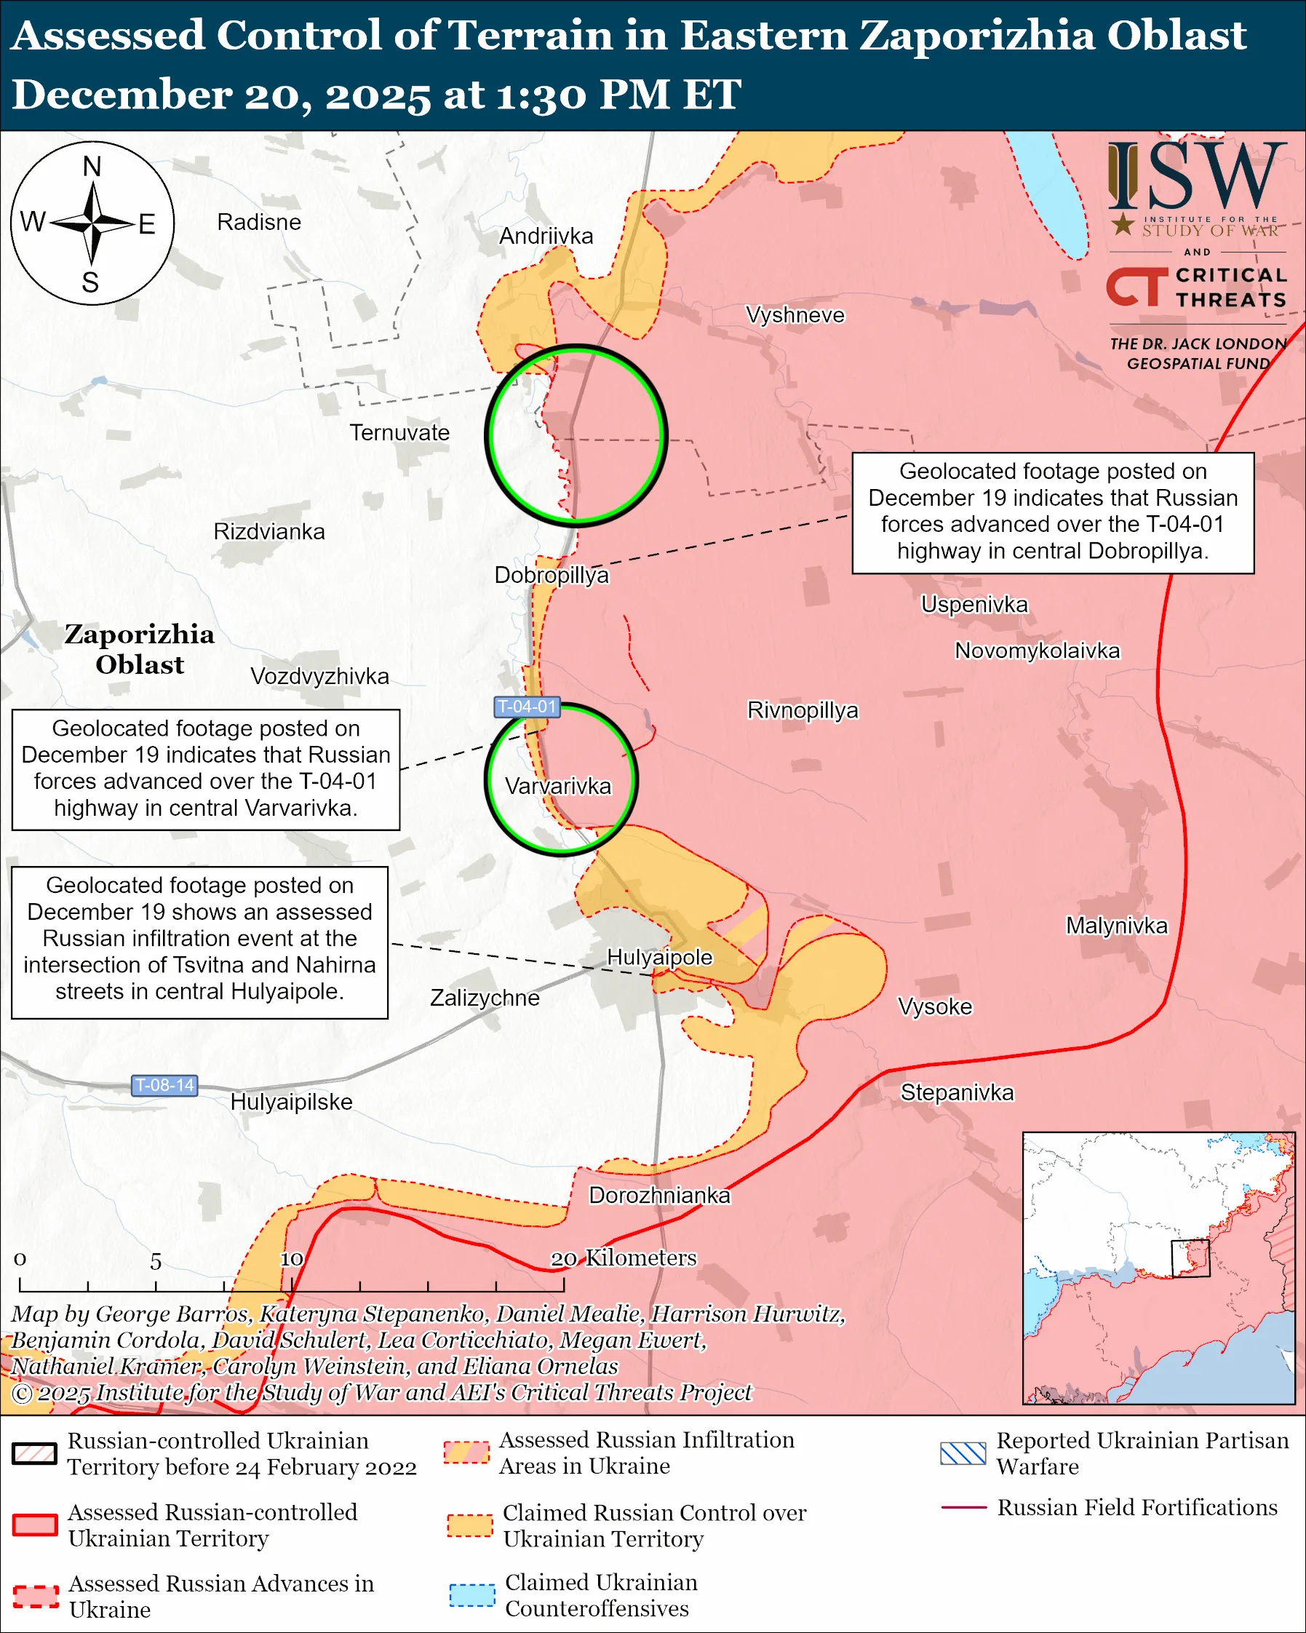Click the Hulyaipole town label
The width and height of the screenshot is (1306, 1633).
[659, 957]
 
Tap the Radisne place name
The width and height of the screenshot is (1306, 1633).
[259, 222]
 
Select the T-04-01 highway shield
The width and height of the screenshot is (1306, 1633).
[527, 707]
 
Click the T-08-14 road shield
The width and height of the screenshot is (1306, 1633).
[164, 1084]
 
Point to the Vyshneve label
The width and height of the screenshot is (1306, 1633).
[795, 314]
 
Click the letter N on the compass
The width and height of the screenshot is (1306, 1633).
[92, 167]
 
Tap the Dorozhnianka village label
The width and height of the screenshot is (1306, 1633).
[659, 1195]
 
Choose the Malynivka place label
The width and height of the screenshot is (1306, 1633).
[1117, 926]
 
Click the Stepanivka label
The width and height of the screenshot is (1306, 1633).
[957, 1092]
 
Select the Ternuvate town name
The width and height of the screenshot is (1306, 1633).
[399, 432]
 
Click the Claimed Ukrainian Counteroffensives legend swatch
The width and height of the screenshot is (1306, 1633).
[471, 1594]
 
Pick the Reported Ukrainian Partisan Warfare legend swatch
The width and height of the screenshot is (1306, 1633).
[963, 1453]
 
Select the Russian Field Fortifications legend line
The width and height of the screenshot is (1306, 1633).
[964, 1508]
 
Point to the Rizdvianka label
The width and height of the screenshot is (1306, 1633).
[268, 532]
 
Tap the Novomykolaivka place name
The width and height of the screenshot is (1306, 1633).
[1038, 651]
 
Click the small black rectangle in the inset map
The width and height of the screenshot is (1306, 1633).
[1190, 1258]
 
